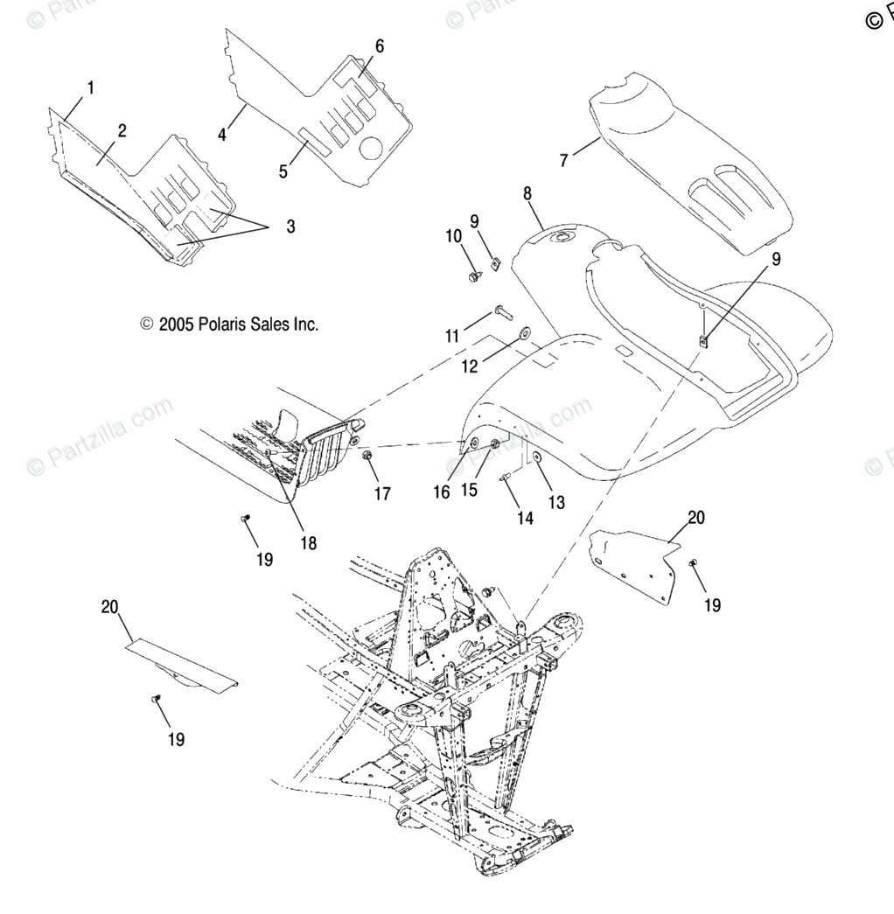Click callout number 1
point(91,87)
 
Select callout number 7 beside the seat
point(564,159)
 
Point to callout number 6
point(379,45)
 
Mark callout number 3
point(290,227)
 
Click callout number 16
point(441,492)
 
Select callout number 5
point(283,171)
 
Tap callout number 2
point(122,131)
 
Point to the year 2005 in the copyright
point(177,324)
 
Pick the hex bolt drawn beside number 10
point(474,276)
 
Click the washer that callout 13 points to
point(536,458)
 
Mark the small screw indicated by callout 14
point(506,477)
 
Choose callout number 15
point(469,490)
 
